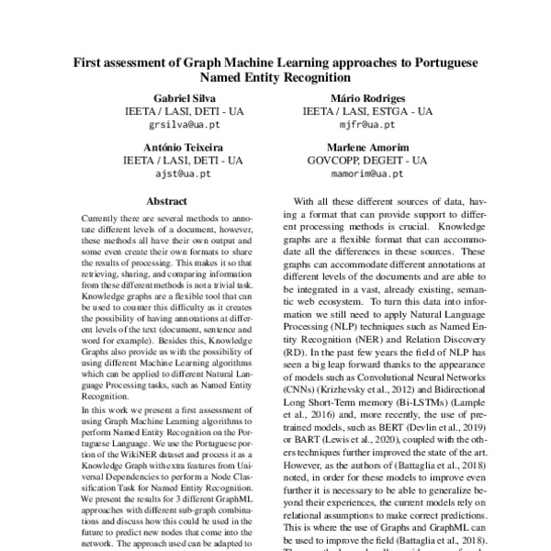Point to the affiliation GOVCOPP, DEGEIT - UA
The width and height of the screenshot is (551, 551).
click(367, 160)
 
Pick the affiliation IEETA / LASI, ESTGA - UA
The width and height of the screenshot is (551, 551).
click(367, 110)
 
